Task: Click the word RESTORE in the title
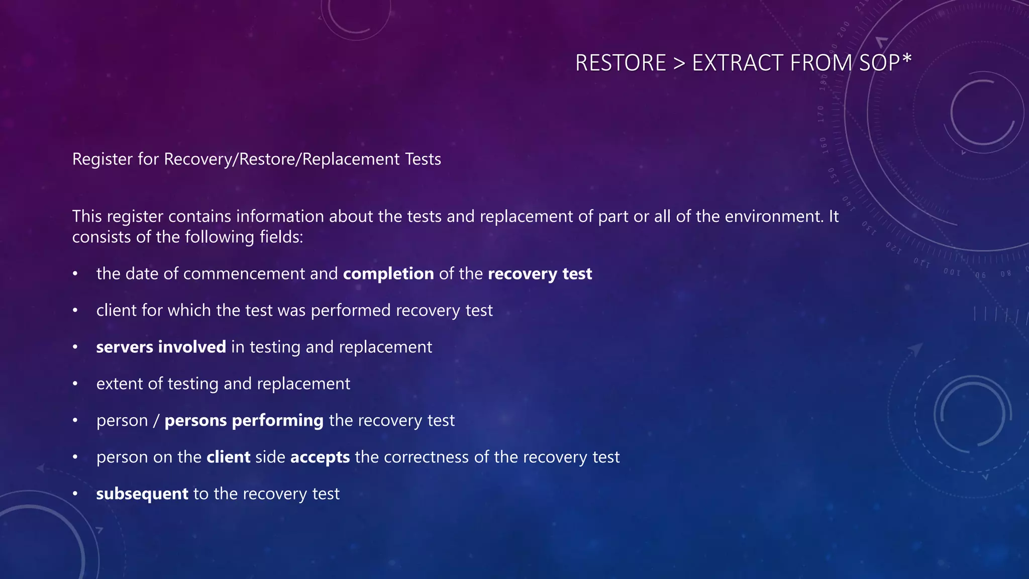pyautogui.click(x=620, y=63)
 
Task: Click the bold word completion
pyautogui.click(x=388, y=274)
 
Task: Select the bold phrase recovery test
pyautogui.click(x=540, y=274)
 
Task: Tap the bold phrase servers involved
pyautogui.click(x=161, y=347)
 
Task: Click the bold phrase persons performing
pyautogui.click(x=244, y=421)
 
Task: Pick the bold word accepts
pyautogui.click(x=320, y=457)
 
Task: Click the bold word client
pyautogui.click(x=228, y=457)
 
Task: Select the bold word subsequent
pyautogui.click(x=142, y=494)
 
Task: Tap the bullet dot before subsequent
pyautogui.click(x=75, y=494)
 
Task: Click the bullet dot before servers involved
pyautogui.click(x=75, y=347)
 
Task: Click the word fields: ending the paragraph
pyautogui.click(x=281, y=237)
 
